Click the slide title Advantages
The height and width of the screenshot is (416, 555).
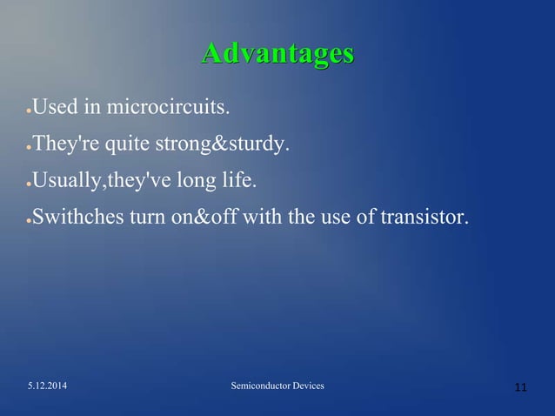277,53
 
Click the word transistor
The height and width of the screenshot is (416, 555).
424,216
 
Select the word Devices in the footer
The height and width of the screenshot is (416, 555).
307,385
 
